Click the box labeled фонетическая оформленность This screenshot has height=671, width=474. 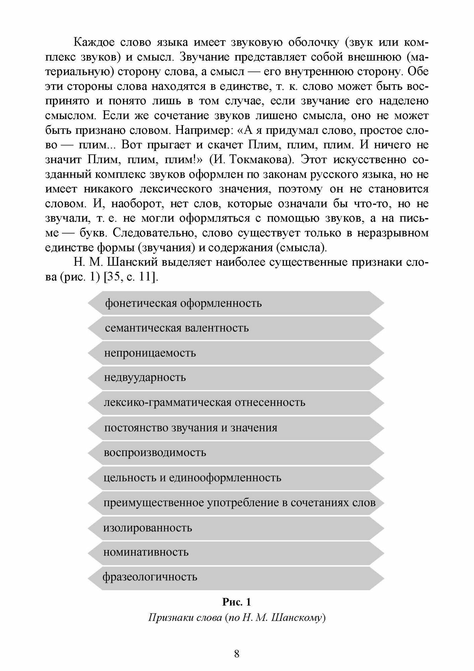pos(236,303)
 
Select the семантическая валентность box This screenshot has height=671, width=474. pos(236,328)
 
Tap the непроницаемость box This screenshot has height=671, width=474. pos(236,353)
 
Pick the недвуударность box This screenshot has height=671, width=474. pos(236,378)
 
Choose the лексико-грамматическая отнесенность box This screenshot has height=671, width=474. pos(236,403)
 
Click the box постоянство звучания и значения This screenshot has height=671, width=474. pos(236,428)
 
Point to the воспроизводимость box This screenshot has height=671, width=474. pos(236,453)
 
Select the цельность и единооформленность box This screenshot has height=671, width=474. pos(236,478)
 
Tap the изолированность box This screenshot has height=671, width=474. pos(236,528)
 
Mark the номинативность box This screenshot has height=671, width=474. pos(236,553)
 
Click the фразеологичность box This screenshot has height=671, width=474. pos(236,577)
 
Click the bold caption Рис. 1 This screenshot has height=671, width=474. pos(236,603)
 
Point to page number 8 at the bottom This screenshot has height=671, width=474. pos(237,654)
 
